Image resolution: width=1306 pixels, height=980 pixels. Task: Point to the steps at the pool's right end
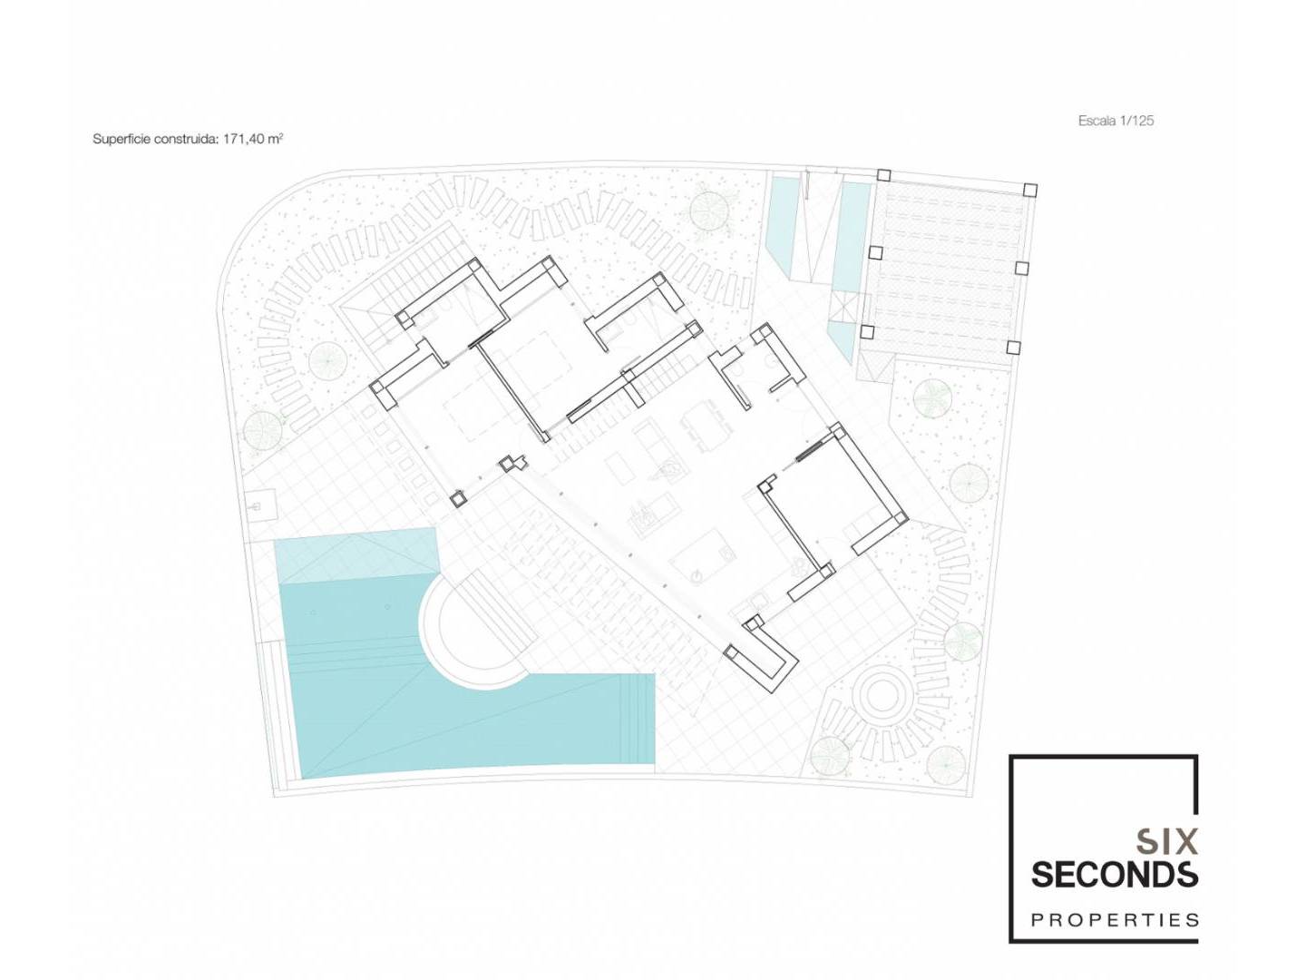(638, 719)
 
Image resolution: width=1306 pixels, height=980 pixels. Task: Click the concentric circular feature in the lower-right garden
(882, 696)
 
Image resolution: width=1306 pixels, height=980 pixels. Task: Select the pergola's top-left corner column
(883, 175)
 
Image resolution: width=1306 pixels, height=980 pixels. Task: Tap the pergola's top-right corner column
(1030, 191)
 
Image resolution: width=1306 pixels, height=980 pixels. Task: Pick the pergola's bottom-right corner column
(1013, 348)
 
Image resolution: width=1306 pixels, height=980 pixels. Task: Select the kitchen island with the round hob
(702, 563)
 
